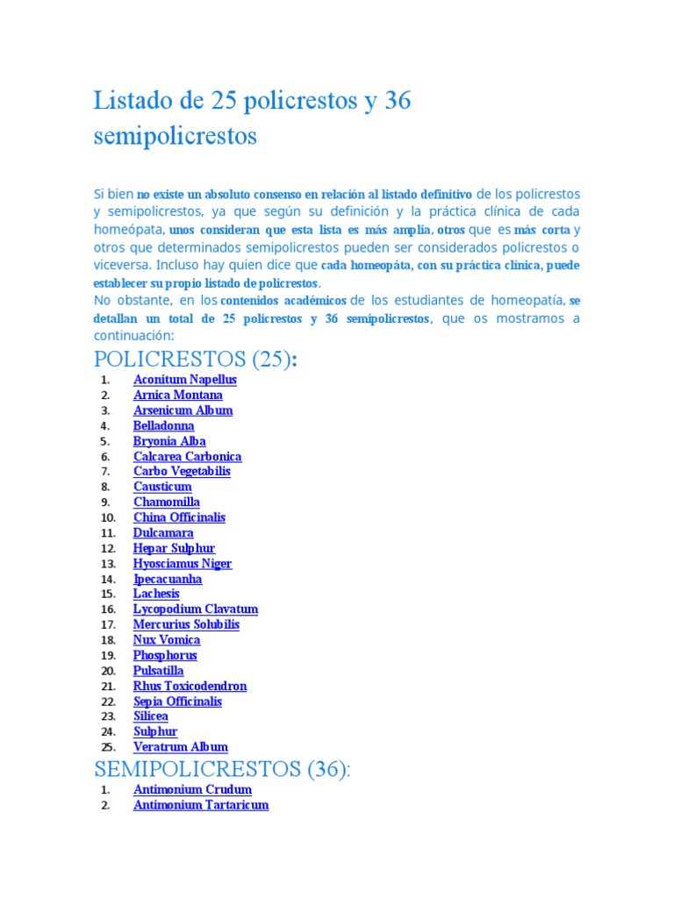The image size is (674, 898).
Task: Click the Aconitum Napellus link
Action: pyautogui.click(x=184, y=380)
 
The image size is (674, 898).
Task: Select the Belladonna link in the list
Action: pyautogui.click(x=163, y=425)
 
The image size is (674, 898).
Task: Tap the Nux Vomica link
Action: pyautogui.click(x=166, y=639)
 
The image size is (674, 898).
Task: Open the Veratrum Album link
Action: pyautogui.click(x=180, y=747)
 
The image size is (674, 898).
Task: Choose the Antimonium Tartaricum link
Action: pyautogui.click(x=200, y=805)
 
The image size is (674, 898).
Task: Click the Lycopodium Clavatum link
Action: pyautogui.click(x=195, y=609)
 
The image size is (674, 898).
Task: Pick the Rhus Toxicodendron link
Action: pyautogui.click(x=190, y=686)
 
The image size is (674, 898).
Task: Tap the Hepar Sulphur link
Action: pyautogui.click(x=174, y=548)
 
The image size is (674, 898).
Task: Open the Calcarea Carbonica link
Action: pyautogui.click(x=187, y=456)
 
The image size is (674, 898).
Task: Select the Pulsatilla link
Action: pyautogui.click(x=158, y=671)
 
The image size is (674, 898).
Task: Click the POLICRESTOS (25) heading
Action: pyautogui.click(x=195, y=360)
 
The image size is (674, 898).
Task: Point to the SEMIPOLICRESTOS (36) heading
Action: pyautogui.click(x=222, y=769)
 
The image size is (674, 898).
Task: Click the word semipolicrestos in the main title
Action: pyautogui.click(x=176, y=137)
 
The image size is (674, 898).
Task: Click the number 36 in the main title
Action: pyautogui.click(x=398, y=102)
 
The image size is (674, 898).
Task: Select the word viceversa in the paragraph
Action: pyautogui.click(x=121, y=264)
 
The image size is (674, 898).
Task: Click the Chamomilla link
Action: pyautogui.click(x=166, y=502)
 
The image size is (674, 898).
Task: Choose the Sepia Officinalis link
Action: pyautogui.click(x=177, y=701)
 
